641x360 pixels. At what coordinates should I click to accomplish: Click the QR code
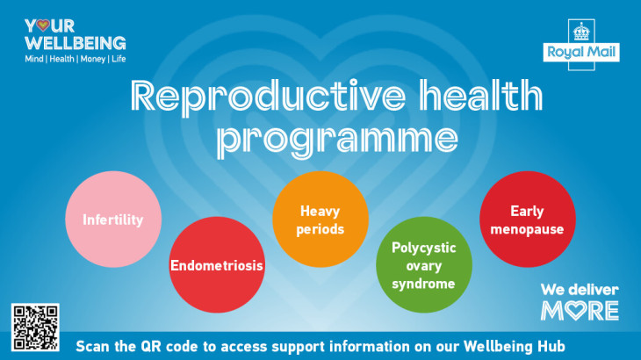coord(35,328)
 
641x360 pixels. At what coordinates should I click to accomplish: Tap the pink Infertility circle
coord(113,219)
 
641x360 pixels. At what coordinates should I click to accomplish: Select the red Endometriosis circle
coord(217,265)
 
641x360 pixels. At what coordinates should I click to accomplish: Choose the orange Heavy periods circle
coord(320,219)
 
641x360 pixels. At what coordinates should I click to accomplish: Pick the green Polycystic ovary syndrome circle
coord(424,265)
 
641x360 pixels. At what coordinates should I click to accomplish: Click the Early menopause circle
coord(528,219)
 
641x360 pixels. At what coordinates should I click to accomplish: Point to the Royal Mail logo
coord(581,45)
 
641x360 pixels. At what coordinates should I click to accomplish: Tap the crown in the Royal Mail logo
coord(581,32)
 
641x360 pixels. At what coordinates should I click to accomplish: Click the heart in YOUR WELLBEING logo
coord(43,25)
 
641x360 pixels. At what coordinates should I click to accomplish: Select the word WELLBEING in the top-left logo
coord(76,43)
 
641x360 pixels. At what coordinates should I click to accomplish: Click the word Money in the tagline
coord(93,59)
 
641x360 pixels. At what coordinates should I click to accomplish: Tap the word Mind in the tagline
coord(34,59)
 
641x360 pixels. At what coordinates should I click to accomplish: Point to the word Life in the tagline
coord(119,59)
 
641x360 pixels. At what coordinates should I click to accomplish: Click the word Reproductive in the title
coord(268,97)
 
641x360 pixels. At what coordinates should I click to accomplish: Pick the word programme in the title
coord(337,140)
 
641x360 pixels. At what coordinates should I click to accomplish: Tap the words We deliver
coord(580,290)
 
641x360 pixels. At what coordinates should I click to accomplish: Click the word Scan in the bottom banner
coord(93,346)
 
